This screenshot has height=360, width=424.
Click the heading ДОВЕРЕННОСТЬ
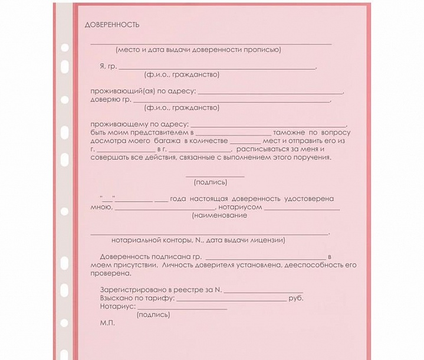pyautogui.click(x=112, y=25)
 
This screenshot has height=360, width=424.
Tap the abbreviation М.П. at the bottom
pyautogui.click(x=107, y=324)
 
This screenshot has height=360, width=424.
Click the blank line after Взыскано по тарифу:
pyautogui.click(x=232, y=299)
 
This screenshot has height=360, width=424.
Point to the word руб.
pyautogui.click(x=297, y=299)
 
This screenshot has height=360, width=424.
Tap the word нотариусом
pyautogui.click(x=239, y=207)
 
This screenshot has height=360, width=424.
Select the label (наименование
pyautogui.click(x=219, y=216)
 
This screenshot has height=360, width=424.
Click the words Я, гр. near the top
pyautogui.click(x=108, y=67)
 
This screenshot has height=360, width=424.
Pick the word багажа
pyautogui.click(x=167, y=142)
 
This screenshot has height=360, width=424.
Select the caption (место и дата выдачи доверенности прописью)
pyautogui.click(x=198, y=50)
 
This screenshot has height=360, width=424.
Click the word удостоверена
pyautogui.click(x=309, y=199)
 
